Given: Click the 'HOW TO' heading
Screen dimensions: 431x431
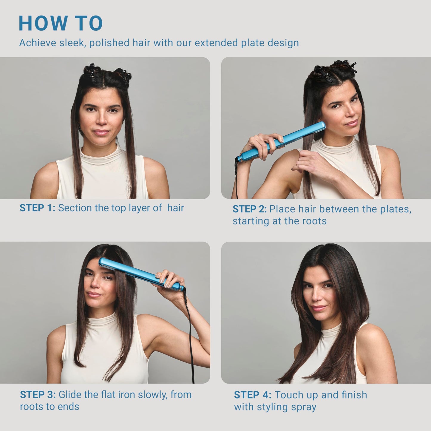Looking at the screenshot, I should coord(61,23).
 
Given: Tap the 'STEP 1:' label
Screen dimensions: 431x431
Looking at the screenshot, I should coord(37,208).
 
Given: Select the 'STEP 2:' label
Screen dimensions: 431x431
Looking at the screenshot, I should coord(249,209).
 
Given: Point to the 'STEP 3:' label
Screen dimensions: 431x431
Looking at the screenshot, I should coord(38,395).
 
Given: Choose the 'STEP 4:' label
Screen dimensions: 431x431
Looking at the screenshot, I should coord(253,395).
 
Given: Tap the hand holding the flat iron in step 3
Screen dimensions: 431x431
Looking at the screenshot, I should coord(167,279).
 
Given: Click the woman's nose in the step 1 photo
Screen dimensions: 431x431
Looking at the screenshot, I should coord(101,119).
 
